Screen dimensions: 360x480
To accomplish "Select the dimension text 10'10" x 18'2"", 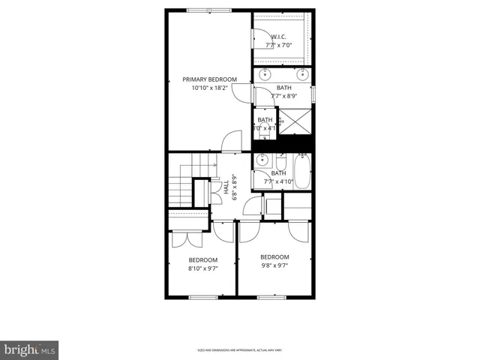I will point(209,88).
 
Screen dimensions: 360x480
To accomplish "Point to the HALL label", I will point(226,189).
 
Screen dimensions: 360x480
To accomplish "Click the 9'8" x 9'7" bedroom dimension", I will point(274,265).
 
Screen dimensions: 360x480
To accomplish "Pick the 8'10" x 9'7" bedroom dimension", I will point(202,268).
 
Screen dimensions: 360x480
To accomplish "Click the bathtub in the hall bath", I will point(302,171).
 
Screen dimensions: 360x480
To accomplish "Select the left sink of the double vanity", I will point(265,73).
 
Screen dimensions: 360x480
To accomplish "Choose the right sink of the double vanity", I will point(302,73).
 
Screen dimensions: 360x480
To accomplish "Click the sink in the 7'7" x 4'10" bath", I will point(262,160).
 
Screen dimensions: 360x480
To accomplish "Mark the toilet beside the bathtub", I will point(280,163).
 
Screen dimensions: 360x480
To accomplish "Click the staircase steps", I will point(180,180).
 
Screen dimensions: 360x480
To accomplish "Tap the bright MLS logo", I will point(30,349).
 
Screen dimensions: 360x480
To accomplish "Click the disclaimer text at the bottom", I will point(239,349).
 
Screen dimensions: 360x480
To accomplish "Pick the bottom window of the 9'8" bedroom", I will point(271,297).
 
